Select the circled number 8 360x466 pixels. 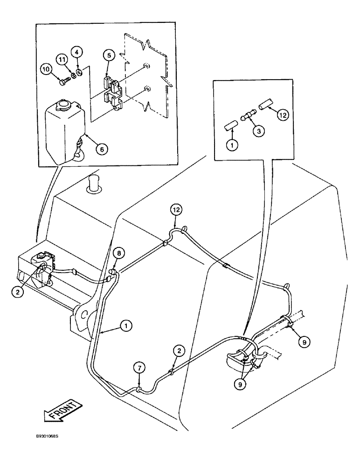[x=119, y=254]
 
